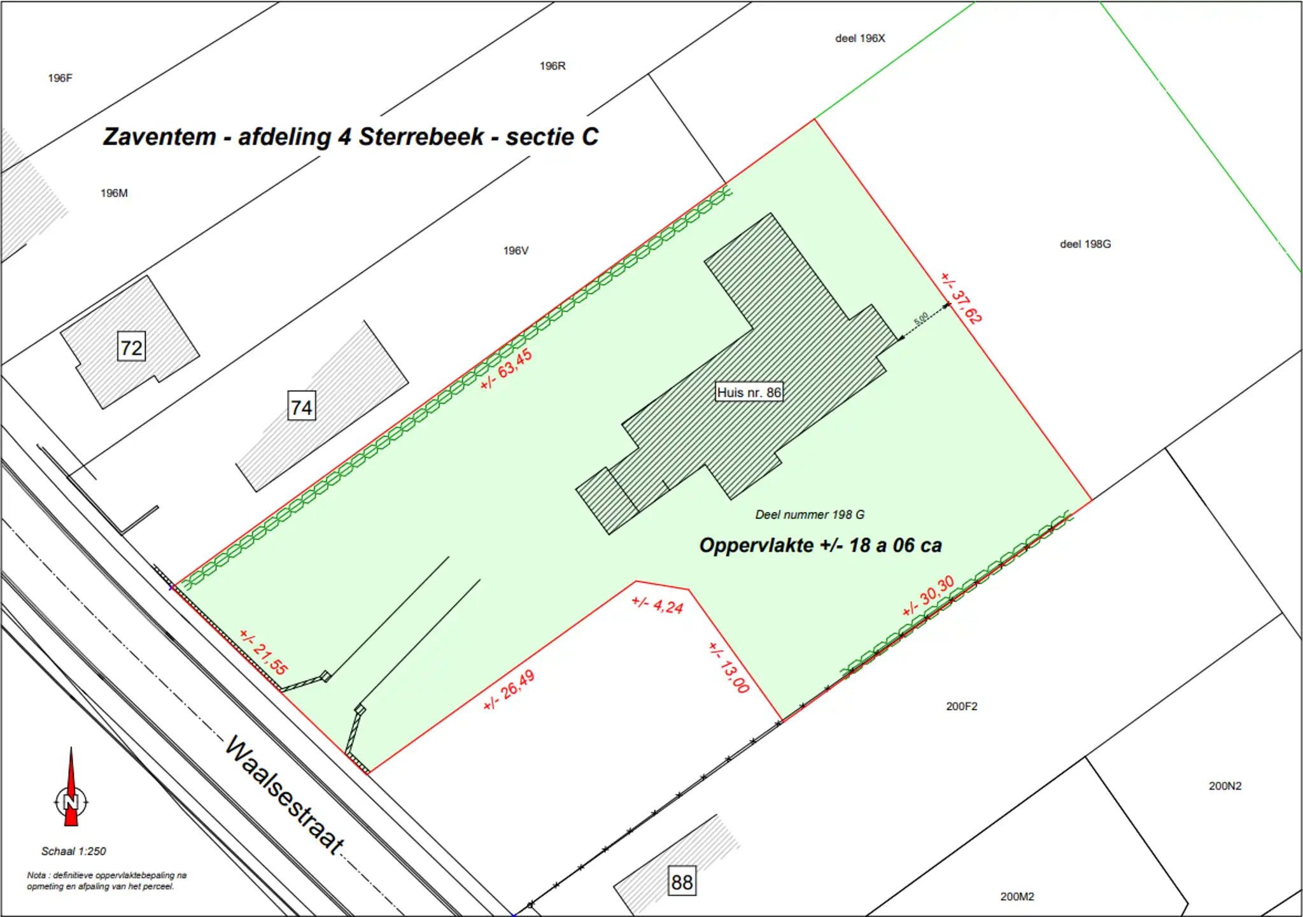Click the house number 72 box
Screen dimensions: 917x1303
tap(132, 347)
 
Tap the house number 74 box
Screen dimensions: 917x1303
tap(302, 406)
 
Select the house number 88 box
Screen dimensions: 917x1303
tap(682, 881)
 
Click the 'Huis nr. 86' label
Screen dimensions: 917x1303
tap(749, 392)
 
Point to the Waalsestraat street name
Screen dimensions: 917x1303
tap(285, 793)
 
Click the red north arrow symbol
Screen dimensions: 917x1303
tap(71, 790)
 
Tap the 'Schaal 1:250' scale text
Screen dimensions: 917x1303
tap(74, 851)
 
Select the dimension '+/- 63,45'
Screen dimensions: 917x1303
tap(506, 369)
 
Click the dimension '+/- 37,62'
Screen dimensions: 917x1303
tap(961, 298)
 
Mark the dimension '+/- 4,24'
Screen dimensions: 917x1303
tap(658, 605)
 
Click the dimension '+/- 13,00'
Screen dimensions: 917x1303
tap(729, 667)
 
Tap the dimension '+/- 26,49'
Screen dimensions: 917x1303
tap(509, 690)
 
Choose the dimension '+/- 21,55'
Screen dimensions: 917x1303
tap(264, 651)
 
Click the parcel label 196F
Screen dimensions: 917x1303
tap(60, 78)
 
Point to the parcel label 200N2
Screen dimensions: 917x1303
tap(1225, 786)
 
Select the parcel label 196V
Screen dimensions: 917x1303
tap(516, 250)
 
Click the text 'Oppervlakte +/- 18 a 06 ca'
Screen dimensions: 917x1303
tap(820, 545)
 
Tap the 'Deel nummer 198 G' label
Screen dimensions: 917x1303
tap(810, 515)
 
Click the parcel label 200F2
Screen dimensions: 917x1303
tap(961, 706)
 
